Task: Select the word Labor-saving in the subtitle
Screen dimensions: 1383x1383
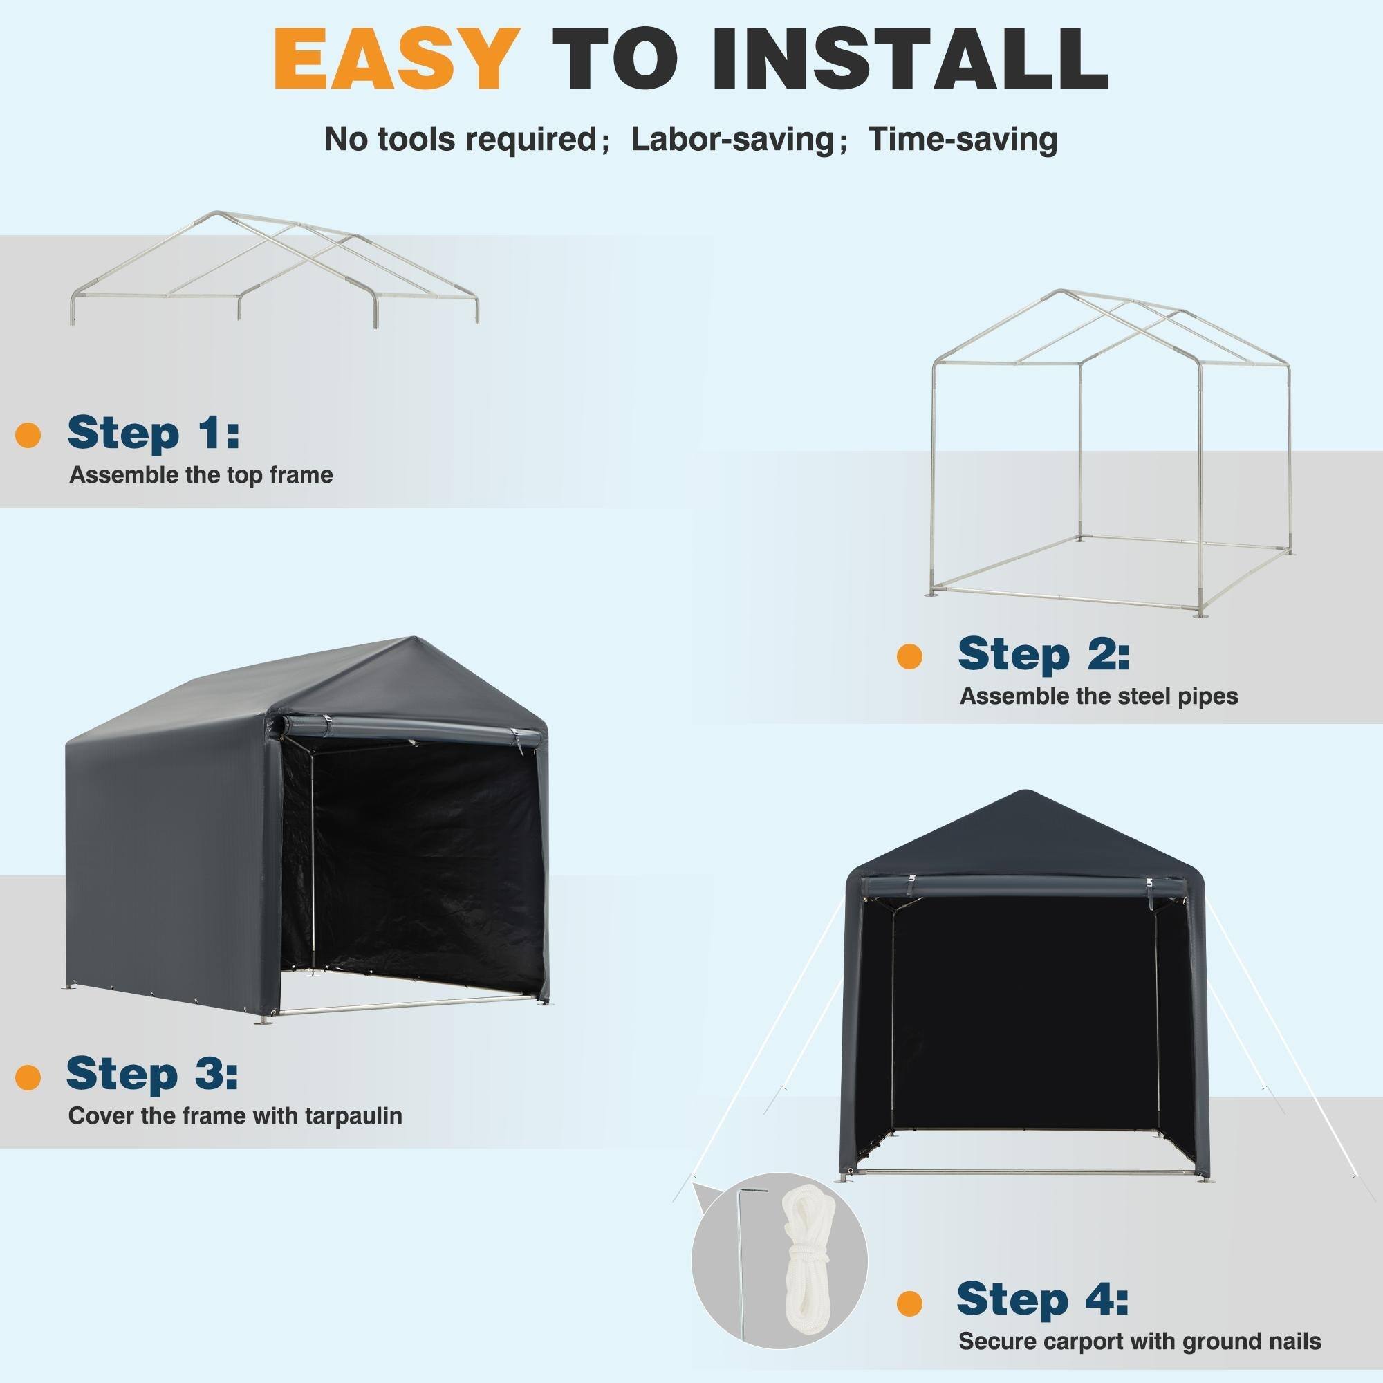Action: tap(732, 139)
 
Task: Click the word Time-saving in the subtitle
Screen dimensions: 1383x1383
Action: tap(962, 139)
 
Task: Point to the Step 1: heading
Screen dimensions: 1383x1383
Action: tap(154, 433)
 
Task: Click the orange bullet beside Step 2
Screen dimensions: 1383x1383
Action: tap(909, 656)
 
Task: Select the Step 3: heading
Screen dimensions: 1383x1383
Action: tap(151, 1095)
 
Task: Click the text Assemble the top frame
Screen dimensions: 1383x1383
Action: tap(201, 475)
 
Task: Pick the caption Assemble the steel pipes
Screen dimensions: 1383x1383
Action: tap(1098, 696)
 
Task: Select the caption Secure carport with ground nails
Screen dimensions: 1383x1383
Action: tap(1140, 1341)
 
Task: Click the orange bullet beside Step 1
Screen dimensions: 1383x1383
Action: tap(28, 435)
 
